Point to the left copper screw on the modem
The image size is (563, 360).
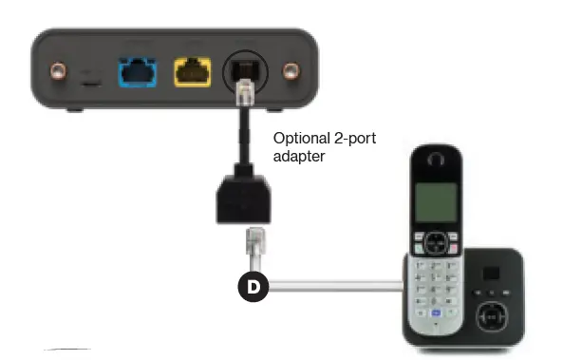pos(59,72)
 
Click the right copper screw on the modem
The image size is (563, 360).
pos(290,73)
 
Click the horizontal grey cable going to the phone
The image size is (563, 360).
pos(332,284)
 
